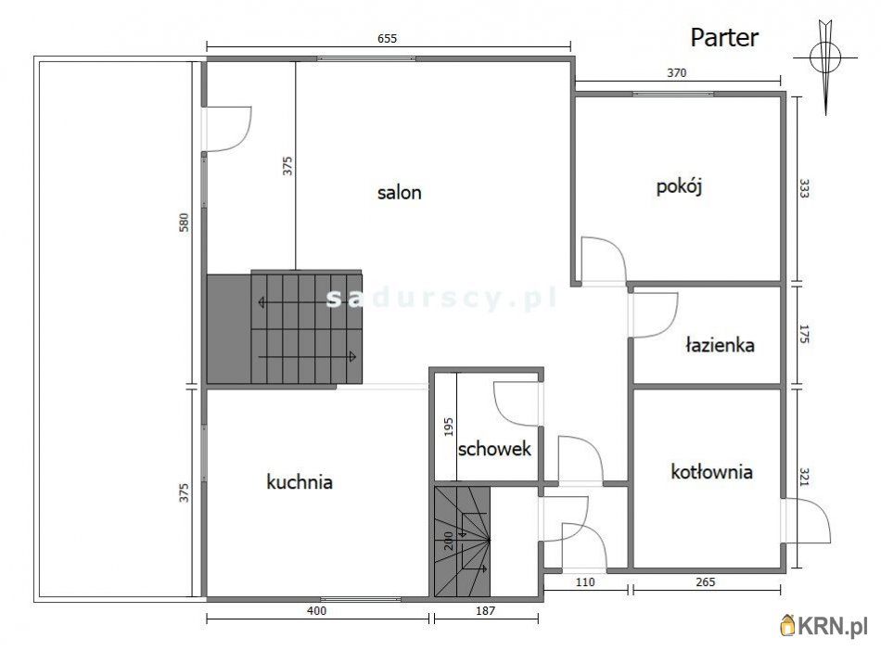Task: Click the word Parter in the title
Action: (x=724, y=38)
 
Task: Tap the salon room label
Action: (x=399, y=193)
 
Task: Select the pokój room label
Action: (x=679, y=186)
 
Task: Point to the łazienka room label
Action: (x=720, y=344)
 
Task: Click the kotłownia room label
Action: (x=711, y=471)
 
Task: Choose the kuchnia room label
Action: (x=300, y=481)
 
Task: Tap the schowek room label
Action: (x=494, y=449)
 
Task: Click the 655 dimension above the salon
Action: (x=387, y=38)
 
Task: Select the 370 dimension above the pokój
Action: (x=676, y=72)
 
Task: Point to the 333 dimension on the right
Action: (x=804, y=189)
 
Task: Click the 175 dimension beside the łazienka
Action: (x=804, y=334)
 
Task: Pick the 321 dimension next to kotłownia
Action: (x=804, y=477)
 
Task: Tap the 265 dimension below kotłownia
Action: (x=705, y=581)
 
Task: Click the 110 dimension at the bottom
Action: (x=585, y=581)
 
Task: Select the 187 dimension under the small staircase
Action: (x=485, y=610)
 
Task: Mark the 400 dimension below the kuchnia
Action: (x=317, y=610)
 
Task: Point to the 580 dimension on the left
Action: (x=184, y=223)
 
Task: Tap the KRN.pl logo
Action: (x=824, y=626)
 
